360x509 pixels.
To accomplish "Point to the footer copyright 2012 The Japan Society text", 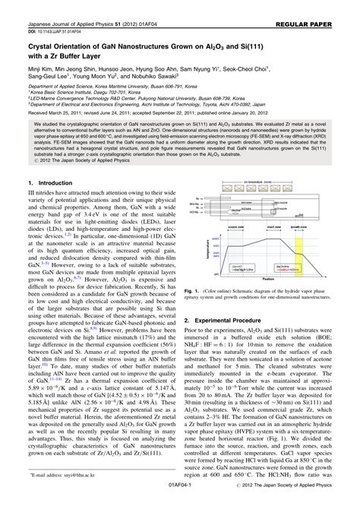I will pyautogui.click(x=303, y=503).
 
